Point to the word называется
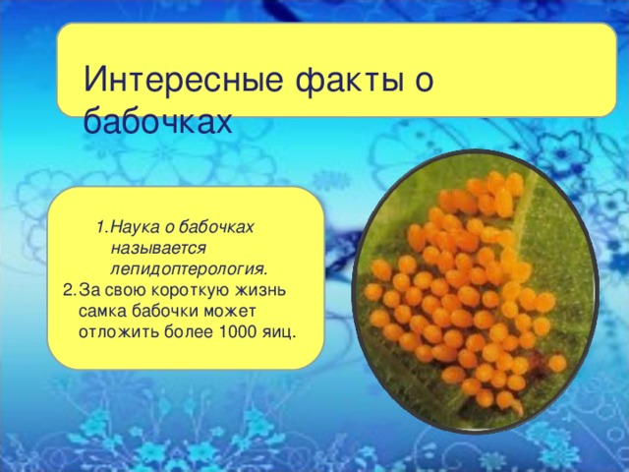(x=158, y=247)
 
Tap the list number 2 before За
(x=68, y=290)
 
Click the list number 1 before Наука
(x=102, y=227)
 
